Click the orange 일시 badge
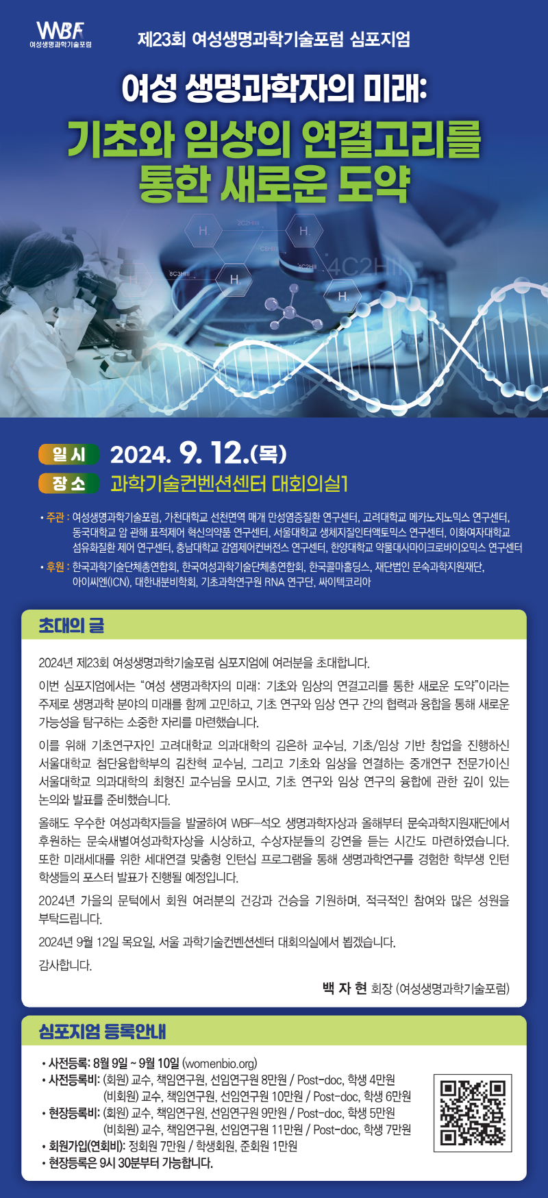69,454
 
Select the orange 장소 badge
69,484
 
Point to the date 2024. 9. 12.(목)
198,453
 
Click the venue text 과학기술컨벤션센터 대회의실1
229,484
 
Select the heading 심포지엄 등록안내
103,1031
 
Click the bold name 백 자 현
345,988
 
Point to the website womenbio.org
219,1064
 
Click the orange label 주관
55,517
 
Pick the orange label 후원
55,566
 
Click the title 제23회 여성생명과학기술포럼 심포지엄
274,39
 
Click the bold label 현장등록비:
74,1113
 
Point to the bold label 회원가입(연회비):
87,1146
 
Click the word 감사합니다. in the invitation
65,965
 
